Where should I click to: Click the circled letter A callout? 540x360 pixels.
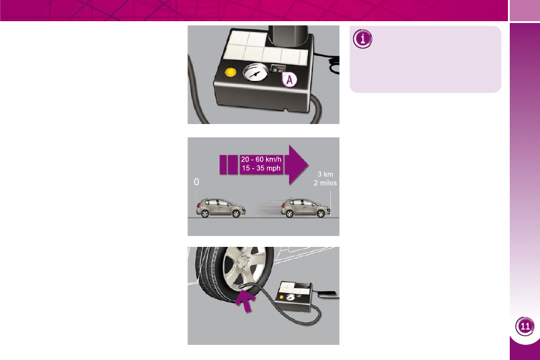(290, 80)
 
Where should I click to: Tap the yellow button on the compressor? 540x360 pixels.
(230, 73)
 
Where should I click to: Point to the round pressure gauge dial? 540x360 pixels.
(255, 73)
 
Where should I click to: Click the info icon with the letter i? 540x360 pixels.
(362, 39)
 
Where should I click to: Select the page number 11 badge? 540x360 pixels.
(525, 326)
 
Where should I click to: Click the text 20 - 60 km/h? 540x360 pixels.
(261, 159)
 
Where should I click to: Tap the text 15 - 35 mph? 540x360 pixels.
(261, 168)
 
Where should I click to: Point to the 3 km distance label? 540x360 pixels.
(325, 174)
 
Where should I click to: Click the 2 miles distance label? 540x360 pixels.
(325, 183)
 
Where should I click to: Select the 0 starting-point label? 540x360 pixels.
(197, 182)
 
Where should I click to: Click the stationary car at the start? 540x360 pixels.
(221, 208)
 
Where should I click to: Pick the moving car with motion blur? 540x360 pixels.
(305, 208)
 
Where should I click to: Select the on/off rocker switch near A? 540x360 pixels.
(278, 69)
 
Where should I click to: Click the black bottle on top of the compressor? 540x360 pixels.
(288, 36)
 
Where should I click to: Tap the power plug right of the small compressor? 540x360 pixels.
(327, 294)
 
